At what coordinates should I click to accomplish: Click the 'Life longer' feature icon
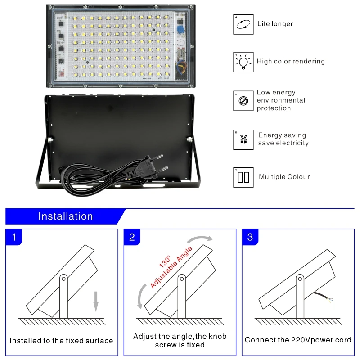[x=243, y=24]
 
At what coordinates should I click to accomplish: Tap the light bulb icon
[x=243, y=62]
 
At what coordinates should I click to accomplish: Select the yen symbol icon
[x=243, y=139]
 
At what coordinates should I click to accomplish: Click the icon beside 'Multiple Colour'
[x=243, y=177]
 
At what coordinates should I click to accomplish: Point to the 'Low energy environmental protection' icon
[x=243, y=101]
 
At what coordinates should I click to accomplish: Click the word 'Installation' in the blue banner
[x=66, y=216]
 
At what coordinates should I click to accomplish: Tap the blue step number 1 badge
[x=14, y=237]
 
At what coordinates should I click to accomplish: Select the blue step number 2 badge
[x=132, y=237]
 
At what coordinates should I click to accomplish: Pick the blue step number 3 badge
[x=250, y=237]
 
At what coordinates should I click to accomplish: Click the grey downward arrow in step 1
[x=96, y=301]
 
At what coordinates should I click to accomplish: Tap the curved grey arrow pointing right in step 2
[x=200, y=238]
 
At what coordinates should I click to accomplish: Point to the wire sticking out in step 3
[x=323, y=297]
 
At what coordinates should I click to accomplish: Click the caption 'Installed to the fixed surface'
[x=62, y=341]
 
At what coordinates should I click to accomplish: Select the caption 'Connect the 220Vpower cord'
[x=298, y=340]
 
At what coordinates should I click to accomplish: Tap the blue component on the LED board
[x=181, y=30]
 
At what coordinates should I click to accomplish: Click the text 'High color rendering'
[x=291, y=61]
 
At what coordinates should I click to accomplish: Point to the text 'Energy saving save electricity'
[x=283, y=139]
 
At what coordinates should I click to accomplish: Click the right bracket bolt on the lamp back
[x=189, y=139]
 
